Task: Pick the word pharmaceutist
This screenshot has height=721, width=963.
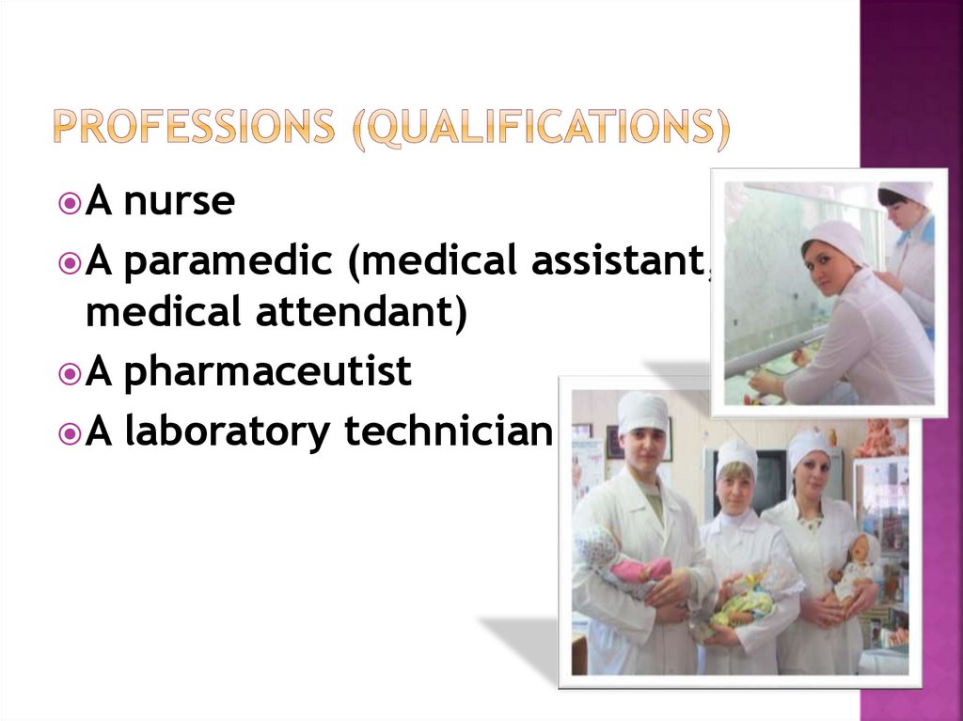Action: coord(267,372)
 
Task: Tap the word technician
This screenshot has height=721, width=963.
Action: coord(447,432)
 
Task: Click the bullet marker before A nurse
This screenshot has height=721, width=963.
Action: coord(70,202)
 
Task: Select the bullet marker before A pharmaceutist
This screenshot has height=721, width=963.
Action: coord(70,373)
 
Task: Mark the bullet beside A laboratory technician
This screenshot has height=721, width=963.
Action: coord(70,433)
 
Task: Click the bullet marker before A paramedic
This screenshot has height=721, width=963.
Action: coord(70,263)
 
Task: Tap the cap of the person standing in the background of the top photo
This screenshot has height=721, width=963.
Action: coord(905,192)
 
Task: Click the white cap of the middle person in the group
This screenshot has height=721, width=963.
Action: coord(736,456)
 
